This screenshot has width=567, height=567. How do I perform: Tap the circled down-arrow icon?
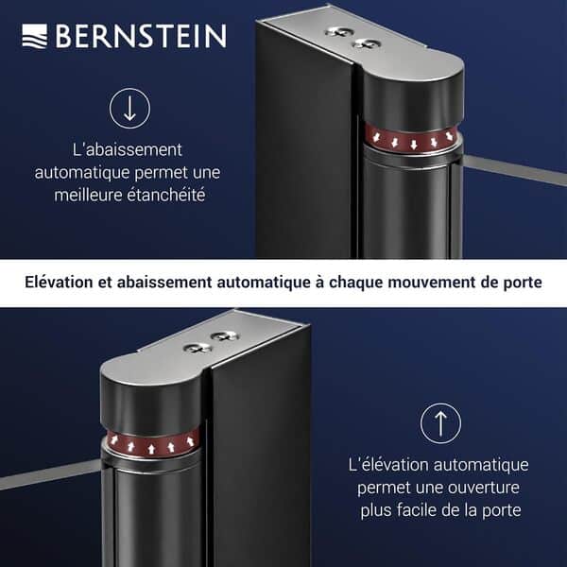pos(129,109)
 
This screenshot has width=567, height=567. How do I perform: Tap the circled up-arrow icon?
pos(440,423)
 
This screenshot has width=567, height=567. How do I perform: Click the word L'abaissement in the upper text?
pos(127,150)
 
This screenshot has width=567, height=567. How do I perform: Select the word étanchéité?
pos(171,196)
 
